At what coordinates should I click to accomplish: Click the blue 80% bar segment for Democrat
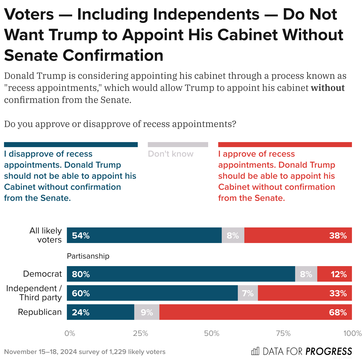pyautogui.click(x=181, y=274)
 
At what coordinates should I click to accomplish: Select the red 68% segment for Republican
pyautogui.click(x=255, y=312)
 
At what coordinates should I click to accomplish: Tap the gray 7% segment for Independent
pyautogui.click(x=248, y=293)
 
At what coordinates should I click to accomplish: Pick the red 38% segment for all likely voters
pyautogui.click(x=298, y=235)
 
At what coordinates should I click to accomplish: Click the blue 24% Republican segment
pyautogui.click(x=100, y=312)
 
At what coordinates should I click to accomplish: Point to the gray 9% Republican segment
pyautogui.click(x=147, y=312)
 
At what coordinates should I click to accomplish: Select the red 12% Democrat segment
pyautogui.click(x=334, y=274)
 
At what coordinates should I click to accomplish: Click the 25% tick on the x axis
pyautogui.click(x=140, y=333)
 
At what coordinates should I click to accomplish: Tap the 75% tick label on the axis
pyautogui.click(x=283, y=333)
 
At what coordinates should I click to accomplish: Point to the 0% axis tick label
pyautogui.click(x=70, y=333)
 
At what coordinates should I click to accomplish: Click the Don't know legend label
pyautogui.click(x=171, y=154)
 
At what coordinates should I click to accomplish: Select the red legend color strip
pyautogui.click(x=285, y=145)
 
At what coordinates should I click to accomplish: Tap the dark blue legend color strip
pyautogui.click(x=71, y=145)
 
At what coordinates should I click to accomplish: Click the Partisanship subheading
pyautogui.click(x=88, y=256)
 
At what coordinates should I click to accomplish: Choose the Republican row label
pyautogui.click(x=40, y=312)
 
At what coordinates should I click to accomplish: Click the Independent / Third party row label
pyautogui.click(x=34, y=293)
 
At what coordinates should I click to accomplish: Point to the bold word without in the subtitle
pyautogui.click(x=328, y=88)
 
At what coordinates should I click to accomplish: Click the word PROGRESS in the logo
pyautogui.click(x=329, y=351)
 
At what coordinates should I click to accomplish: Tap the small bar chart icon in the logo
pyautogui.click(x=255, y=351)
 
